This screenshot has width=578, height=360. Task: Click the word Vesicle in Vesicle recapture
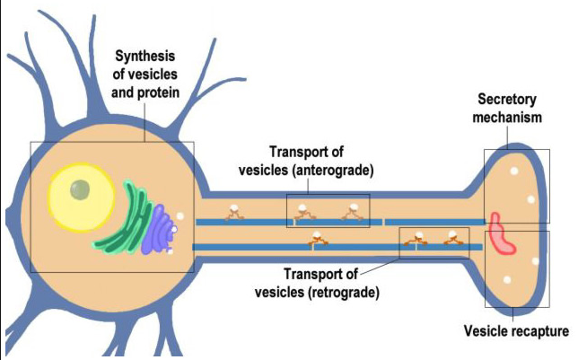coord(485,331)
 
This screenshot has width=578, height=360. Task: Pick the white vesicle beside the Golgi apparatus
coord(181,215)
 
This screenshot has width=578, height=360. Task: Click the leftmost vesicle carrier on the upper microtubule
coord(234,212)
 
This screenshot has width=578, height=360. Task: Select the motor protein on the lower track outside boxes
coord(316,238)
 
